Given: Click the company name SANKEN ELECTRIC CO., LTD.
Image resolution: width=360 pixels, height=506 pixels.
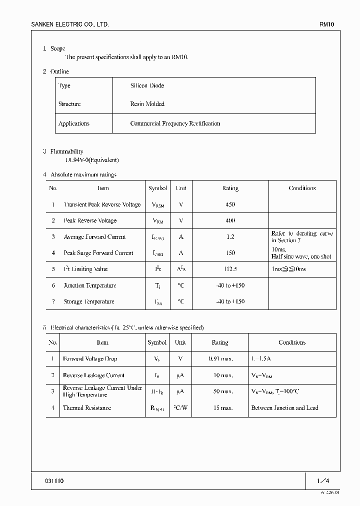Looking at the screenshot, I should click(69, 24).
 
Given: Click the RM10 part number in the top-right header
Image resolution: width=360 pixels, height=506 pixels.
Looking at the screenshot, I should click(327, 24).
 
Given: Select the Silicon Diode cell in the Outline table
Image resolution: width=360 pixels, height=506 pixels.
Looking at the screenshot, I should click(147, 86).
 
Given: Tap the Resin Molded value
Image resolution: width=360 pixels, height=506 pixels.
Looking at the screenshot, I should click(147, 104).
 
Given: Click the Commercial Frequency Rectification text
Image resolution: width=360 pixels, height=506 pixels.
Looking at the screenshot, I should click(175, 123).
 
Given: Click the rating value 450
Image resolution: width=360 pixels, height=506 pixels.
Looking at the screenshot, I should click(230, 204).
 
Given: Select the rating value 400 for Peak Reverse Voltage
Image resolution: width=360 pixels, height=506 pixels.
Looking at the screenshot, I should click(230, 220).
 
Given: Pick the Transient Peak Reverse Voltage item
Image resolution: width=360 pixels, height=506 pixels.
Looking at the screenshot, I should click(102, 204).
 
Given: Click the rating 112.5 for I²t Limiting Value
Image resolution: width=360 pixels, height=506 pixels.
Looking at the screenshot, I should click(230, 269).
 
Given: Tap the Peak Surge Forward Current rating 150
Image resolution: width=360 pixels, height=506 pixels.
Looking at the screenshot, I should click(230, 253).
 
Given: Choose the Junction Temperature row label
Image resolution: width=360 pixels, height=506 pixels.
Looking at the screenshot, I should click(90, 285).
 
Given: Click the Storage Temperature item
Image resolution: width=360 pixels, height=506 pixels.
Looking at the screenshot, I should click(89, 301).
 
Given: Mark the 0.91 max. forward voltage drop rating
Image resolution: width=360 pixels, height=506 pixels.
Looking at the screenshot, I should click(220, 359).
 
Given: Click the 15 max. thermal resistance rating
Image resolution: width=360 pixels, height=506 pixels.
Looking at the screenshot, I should click(220, 408).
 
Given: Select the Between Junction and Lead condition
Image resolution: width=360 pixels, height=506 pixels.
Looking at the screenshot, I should click(284, 408).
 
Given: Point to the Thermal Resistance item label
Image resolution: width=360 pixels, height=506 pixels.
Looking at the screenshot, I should click(87, 408).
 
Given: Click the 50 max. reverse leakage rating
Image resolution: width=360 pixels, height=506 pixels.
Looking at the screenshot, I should click(220, 391).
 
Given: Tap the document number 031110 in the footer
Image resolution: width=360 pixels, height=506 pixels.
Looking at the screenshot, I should click(54, 481).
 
